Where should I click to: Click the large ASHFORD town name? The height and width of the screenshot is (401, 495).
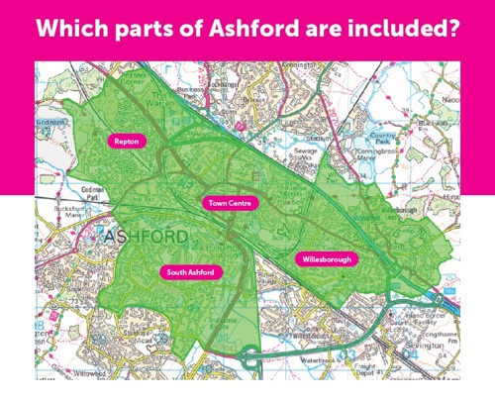(x=142, y=238)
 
